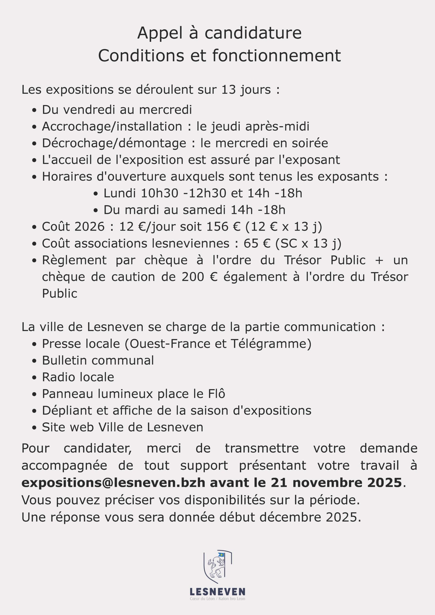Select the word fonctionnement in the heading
tap(276, 56)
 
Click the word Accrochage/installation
tap(112, 126)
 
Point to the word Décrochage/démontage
tap(114, 143)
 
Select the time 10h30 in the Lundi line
tap(160, 193)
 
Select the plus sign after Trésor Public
tap(379, 260)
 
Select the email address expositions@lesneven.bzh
tap(113, 482)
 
